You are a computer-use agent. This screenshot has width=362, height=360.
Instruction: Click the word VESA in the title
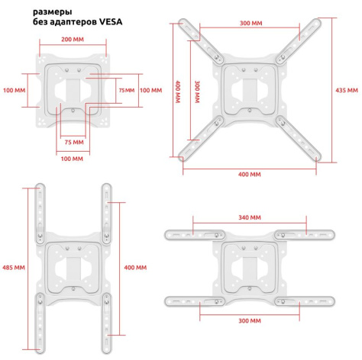tap(111, 22)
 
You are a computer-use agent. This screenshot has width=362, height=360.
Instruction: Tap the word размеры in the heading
tap(53, 12)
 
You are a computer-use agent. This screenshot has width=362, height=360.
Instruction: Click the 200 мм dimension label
tap(73, 40)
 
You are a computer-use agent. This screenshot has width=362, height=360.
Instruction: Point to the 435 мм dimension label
tap(347, 90)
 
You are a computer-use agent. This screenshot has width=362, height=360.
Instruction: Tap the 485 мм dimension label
tap(14, 268)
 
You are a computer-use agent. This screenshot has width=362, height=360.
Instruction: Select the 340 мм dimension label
tap(250, 217)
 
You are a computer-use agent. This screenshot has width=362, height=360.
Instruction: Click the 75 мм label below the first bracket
tap(74, 143)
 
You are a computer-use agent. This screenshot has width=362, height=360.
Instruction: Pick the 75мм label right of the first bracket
tap(127, 90)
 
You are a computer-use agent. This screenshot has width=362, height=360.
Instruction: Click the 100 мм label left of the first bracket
tap(15, 90)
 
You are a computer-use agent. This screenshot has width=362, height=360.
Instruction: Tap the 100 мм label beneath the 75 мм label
tap(72, 159)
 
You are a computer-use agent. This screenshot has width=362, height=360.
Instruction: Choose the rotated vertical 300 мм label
tap(197, 92)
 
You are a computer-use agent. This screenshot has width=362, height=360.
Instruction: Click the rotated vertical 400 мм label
tap(178, 92)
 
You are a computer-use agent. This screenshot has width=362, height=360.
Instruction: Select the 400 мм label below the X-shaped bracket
tap(250, 175)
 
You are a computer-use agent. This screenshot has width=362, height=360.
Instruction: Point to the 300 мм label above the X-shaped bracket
tap(250, 23)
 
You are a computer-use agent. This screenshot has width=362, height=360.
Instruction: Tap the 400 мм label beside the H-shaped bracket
tap(135, 268)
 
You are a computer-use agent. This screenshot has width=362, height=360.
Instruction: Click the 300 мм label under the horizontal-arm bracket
tap(250, 321)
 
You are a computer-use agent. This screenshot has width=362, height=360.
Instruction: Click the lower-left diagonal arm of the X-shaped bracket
tap(201, 138)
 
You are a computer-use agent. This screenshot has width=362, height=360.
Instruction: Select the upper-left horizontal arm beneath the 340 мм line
tap(195, 235)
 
